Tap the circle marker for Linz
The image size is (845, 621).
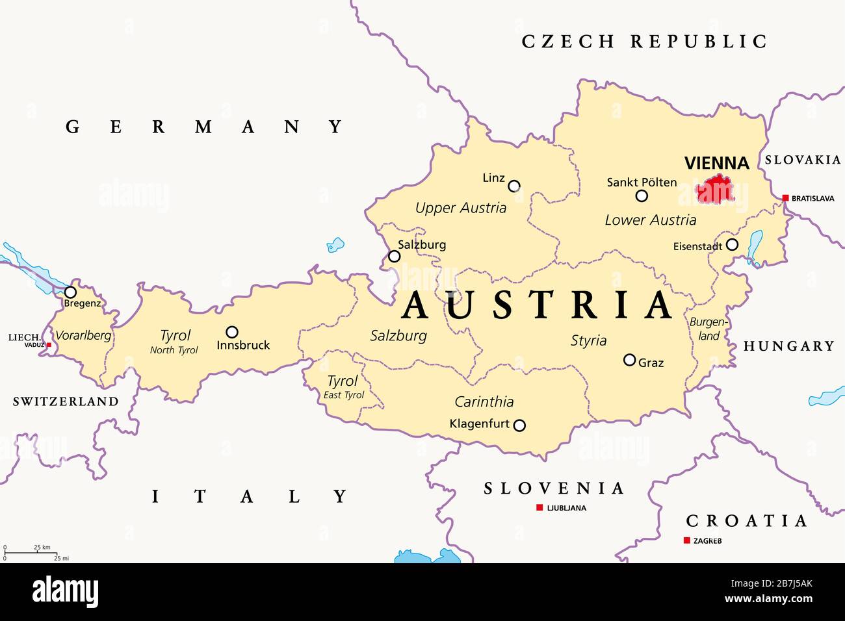coord(514,186)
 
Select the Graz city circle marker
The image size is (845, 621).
coord(629,360)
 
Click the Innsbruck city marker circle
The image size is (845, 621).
coord(231,332)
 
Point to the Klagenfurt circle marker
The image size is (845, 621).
coord(519,425)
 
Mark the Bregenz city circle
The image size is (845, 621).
coord(70,292)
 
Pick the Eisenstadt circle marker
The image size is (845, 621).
coord(732,245)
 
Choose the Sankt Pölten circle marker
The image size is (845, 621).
coord(642,196)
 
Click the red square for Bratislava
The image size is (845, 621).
coord(785,198)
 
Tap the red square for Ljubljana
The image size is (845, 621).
coord(539,507)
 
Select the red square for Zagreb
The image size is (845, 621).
coord(686,540)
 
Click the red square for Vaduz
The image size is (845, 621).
coord(48,345)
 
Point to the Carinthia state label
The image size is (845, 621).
coord(484,401)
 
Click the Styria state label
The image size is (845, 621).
coord(588,340)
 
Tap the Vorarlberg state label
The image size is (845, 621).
coord(83,336)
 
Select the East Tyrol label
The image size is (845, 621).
coord(343,395)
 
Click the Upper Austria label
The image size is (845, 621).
coord(460,208)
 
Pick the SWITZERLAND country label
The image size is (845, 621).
coord(66,401)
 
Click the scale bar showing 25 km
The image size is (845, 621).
coord(29,552)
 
